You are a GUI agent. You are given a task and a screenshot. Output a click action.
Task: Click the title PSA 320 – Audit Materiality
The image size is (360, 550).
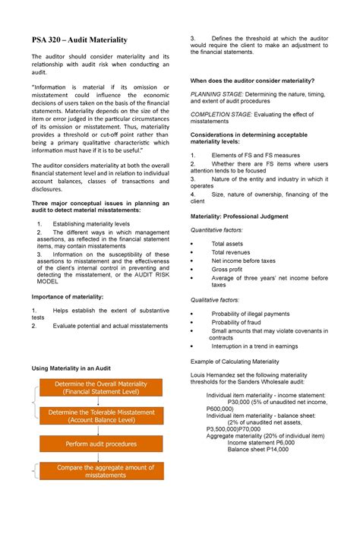pyautogui.click(x=78, y=40)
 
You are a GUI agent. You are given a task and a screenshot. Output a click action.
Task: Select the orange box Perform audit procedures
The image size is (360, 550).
pyautogui.click(x=101, y=444)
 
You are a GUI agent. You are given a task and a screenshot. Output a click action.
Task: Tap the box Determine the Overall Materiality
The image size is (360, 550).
pyautogui.click(x=101, y=388)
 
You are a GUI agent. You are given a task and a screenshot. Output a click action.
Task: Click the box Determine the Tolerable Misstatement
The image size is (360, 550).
pyautogui.click(x=101, y=416)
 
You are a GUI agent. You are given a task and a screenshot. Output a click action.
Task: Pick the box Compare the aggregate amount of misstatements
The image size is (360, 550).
pyautogui.click(x=101, y=471)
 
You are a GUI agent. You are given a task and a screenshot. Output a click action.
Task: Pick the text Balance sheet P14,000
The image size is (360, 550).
pyautogui.click(x=257, y=450)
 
